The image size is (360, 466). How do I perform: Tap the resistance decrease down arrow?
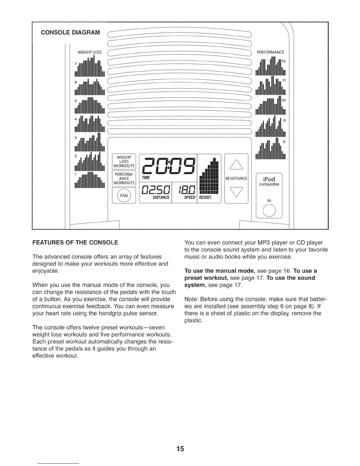click(x=236, y=193)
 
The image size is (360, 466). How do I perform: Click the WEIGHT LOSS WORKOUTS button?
click(x=124, y=162)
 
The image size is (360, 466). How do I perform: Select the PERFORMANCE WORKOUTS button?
click(x=124, y=179)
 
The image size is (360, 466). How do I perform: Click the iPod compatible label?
click(x=269, y=181)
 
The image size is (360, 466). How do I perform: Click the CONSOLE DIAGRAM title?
click(x=70, y=32)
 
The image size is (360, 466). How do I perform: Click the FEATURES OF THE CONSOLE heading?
click(x=75, y=242)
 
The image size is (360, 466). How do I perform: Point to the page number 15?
click(x=180, y=449)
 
